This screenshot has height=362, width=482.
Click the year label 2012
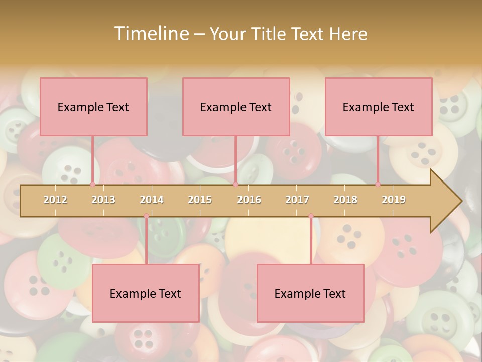pos(55,200)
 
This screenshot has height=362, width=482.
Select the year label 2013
pos(103,200)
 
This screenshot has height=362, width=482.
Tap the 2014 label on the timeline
pos(152,200)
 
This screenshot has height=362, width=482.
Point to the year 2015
pos(200,200)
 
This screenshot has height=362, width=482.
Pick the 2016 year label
pos(249,200)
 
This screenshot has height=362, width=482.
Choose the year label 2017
pos(297,200)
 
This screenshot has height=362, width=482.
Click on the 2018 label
pos(345,200)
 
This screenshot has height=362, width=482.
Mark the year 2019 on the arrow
pos(394,200)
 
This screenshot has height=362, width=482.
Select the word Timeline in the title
pos(150,34)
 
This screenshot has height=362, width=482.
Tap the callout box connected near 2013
pos(93,107)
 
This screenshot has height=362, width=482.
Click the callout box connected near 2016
pos(236,107)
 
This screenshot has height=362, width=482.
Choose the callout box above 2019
pos(379,107)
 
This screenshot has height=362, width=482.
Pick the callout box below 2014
pos(146,293)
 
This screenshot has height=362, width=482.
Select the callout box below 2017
pos(310,293)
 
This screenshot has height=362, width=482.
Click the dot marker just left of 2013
pos(92,184)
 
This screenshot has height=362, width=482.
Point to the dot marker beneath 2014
pos(146,216)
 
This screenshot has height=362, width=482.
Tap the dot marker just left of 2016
pos(235,184)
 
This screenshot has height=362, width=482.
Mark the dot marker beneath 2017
pos(311,216)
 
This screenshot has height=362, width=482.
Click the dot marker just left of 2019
pos(378,184)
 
